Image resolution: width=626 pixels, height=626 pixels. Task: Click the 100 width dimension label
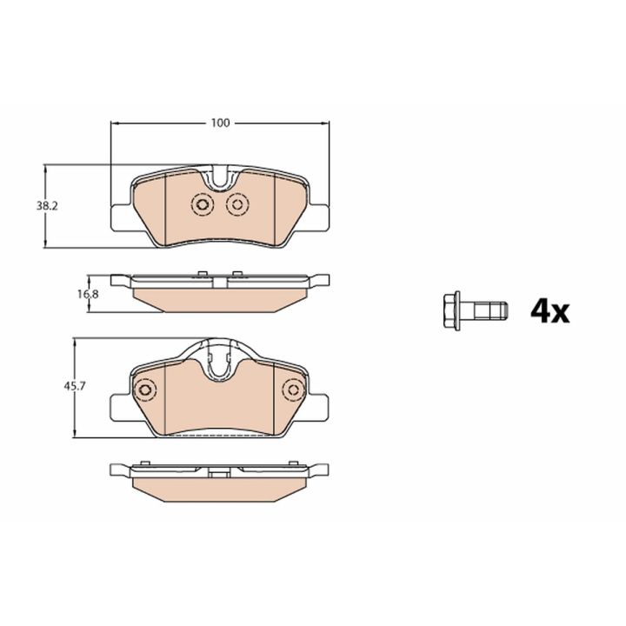click(220, 123)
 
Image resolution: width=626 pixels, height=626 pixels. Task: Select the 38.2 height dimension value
click(47, 206)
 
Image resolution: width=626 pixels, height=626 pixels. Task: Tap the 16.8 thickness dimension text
click(88, 294)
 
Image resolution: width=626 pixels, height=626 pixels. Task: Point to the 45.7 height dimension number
click(75, 386)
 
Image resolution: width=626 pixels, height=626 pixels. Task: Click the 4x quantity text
click(549, 312)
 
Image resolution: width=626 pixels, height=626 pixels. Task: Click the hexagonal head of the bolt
click(452, 311)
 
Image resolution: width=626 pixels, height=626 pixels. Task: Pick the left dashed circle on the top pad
click(203, 205)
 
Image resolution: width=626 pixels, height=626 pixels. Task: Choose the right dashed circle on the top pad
click(237, 205)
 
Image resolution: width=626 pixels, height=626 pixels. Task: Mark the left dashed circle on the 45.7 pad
click(145, 390)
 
